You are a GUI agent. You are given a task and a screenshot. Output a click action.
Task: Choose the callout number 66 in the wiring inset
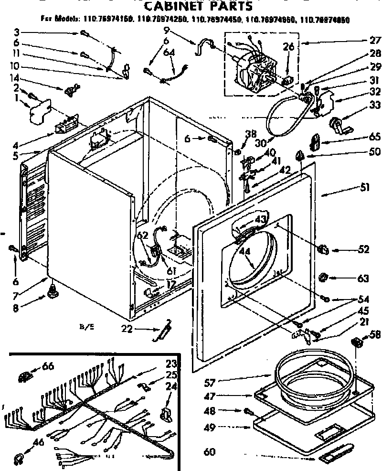48,367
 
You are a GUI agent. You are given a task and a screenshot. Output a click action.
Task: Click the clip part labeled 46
19,458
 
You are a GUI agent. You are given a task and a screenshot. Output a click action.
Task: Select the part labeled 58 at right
356,342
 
